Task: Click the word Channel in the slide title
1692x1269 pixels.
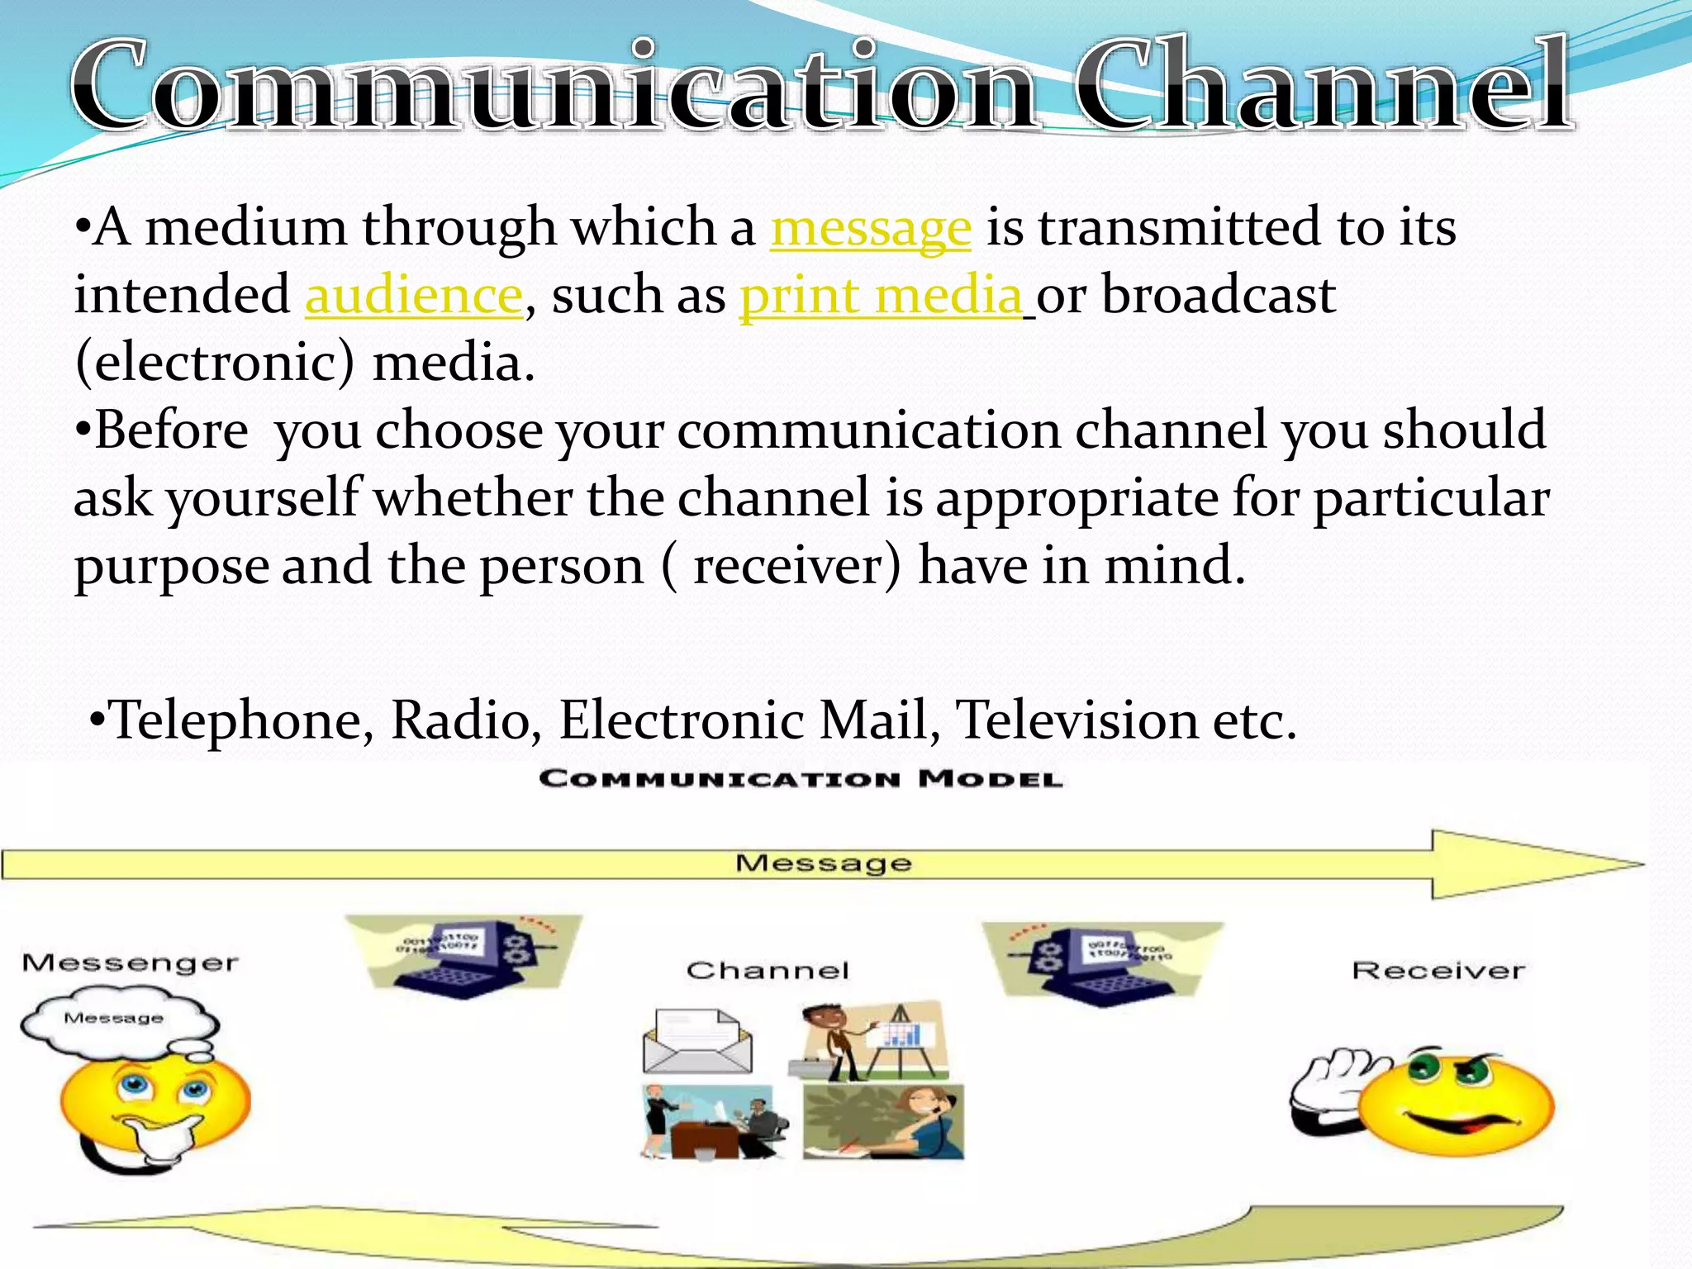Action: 1322,87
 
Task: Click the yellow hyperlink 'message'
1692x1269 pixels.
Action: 871,228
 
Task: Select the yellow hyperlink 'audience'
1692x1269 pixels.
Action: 414,296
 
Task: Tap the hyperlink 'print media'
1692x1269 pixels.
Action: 881,296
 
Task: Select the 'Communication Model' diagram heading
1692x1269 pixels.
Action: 801,779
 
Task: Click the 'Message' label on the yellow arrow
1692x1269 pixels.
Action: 824,863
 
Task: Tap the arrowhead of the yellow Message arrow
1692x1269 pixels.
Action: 1528,864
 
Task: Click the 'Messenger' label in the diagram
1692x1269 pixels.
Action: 130,963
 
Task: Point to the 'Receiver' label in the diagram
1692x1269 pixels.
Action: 1438,970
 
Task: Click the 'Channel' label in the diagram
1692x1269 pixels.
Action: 768,970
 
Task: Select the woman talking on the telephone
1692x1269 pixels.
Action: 883,1122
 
